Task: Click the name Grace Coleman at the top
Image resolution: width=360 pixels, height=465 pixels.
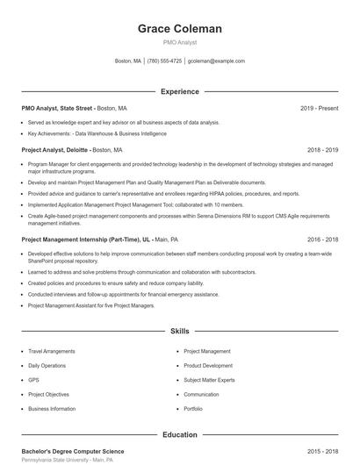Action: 180,29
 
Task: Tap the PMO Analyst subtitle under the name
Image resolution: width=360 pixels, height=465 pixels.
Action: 180,42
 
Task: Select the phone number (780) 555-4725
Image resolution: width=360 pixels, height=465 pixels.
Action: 164,61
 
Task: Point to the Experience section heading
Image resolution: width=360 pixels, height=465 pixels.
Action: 180,91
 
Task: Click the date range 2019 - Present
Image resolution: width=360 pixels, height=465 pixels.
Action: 319,108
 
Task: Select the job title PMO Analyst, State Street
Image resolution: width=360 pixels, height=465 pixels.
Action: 56,108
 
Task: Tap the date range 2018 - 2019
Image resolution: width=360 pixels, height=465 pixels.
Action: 322,150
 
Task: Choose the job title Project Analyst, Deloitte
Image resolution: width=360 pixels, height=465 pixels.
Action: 54,150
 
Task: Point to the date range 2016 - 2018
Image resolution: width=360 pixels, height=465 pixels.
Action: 322,239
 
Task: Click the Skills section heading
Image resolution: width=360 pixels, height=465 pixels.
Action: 180,332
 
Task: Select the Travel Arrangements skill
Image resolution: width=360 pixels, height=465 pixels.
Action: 52,351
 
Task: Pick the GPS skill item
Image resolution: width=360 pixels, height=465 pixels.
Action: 33,380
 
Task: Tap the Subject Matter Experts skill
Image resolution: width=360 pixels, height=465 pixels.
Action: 209,380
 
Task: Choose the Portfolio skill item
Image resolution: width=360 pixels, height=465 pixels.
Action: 193,409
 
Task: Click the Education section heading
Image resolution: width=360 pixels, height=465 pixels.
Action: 180,434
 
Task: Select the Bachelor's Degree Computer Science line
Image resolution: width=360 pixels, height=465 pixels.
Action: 73,451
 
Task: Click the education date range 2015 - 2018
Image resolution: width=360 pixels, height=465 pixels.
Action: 322,451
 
